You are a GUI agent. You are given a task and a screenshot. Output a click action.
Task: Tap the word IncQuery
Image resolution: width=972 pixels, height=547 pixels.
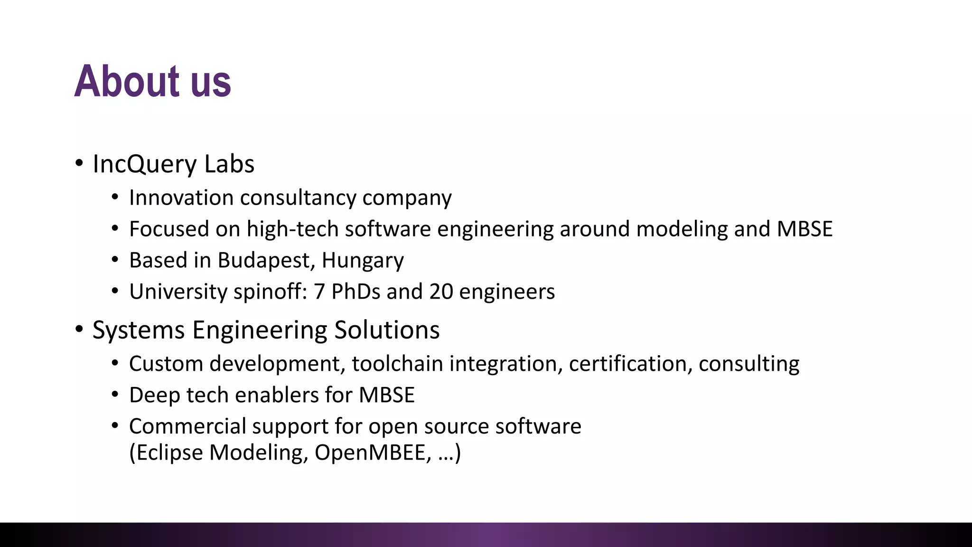[x=145, y=164]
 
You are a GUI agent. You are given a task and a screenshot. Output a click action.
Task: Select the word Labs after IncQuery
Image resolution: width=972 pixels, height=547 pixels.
[x=229, y=164]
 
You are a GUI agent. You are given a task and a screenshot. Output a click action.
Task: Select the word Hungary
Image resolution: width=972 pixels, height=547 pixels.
[x=363, y=260]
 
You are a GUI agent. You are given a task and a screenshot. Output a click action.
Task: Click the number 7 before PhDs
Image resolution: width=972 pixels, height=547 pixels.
[x=319, y=292]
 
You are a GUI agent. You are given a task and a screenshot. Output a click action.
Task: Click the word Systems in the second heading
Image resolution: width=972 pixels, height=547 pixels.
[x=138, y=330]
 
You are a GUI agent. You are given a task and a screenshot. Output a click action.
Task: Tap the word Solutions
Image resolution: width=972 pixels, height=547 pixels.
[x=387, y=330]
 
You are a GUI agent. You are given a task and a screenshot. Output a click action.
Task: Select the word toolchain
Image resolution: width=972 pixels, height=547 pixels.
[x=397, y=364]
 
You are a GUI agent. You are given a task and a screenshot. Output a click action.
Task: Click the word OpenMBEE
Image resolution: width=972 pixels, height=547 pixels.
[x=373, y=453]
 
